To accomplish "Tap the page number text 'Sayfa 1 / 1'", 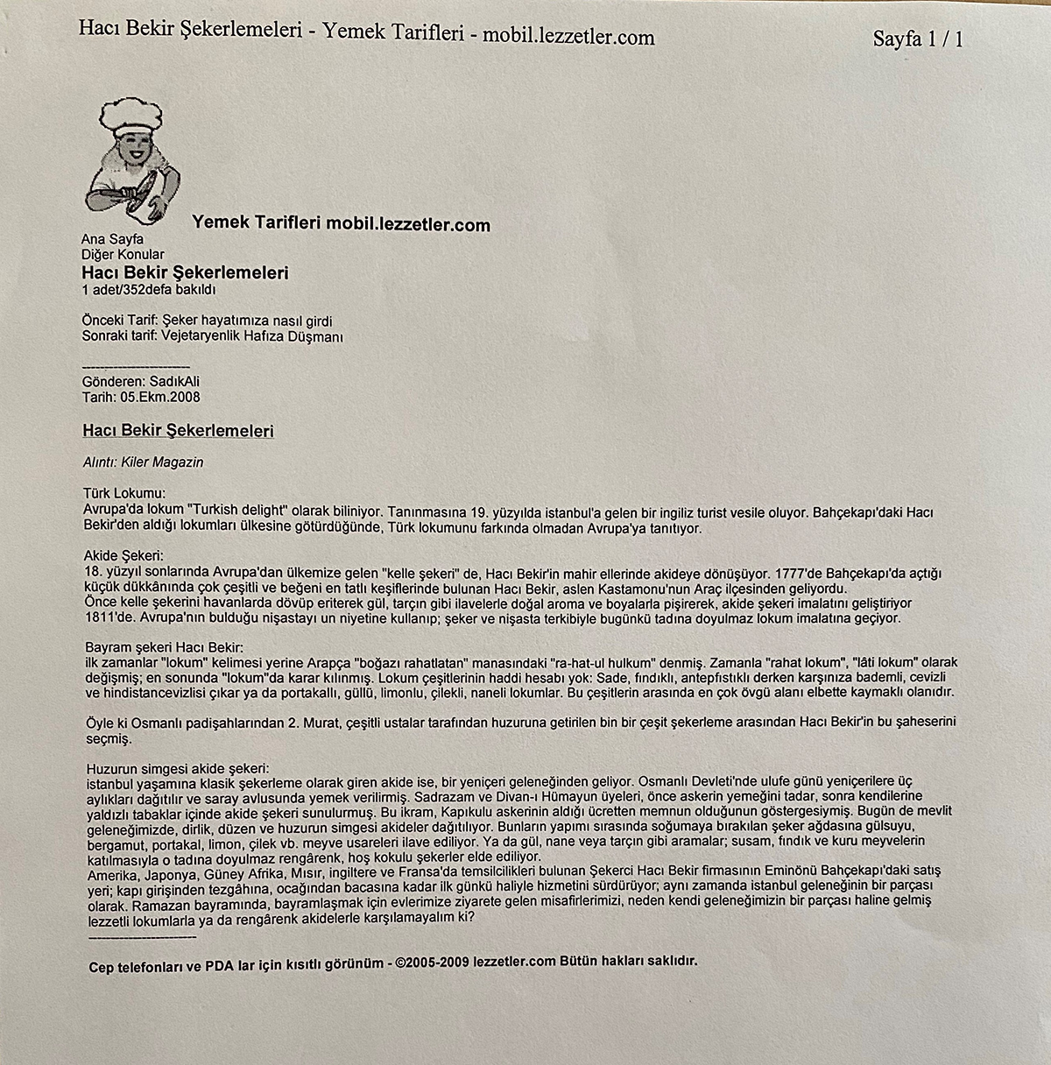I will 917,39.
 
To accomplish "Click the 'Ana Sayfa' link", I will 112,239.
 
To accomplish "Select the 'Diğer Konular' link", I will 122,255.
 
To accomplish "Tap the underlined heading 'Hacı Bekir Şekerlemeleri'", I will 178,431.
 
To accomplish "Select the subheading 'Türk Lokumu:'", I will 124,494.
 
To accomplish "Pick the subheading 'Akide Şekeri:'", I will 123,556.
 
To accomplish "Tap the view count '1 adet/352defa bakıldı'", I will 148,290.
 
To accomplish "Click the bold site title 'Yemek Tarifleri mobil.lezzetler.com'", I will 341,224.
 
